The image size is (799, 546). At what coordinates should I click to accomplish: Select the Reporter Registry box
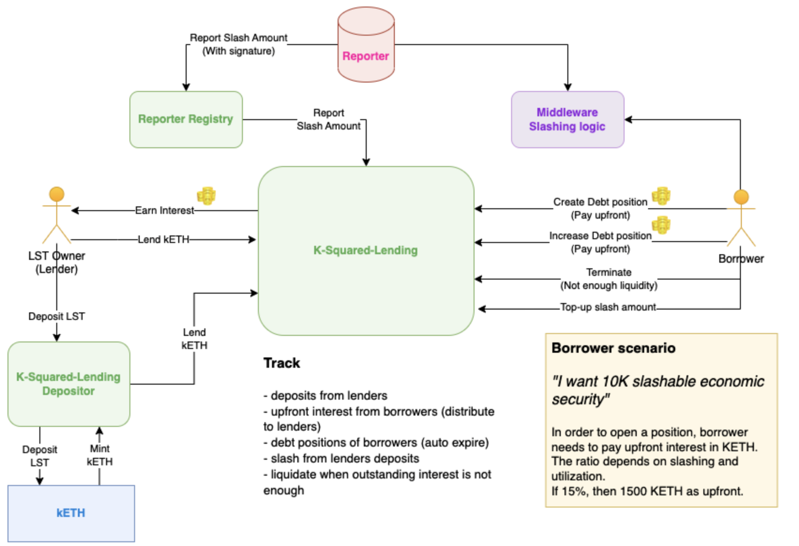pos(186,119)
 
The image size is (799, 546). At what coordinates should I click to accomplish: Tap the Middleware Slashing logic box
pos(567,119)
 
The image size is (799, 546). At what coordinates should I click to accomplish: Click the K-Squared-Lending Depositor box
pos(68,384)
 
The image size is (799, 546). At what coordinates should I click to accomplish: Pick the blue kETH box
pos(71,513)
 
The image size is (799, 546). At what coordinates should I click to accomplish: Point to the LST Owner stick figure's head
pos(57,194)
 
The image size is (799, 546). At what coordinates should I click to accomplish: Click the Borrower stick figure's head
pos(741,197)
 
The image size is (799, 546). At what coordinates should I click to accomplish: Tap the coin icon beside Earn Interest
pos(206,196)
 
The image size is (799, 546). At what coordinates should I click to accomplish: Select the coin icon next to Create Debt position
pos(661,196)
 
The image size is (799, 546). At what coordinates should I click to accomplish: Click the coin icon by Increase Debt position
pos(661,225)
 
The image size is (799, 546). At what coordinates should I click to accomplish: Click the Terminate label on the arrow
pos(609,273)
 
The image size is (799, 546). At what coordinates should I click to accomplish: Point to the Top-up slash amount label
pos(608,307)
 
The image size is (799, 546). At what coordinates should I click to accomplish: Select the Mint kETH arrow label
pos(100,455)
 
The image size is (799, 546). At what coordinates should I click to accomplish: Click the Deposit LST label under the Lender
pos(57,316)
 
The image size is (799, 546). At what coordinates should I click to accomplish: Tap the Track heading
pos(281,363)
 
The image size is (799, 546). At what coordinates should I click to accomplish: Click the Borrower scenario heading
pos(613,348)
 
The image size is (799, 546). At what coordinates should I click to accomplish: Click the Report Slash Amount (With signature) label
pos(238,44)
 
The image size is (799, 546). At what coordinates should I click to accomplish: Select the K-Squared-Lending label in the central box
pos(365,250)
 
